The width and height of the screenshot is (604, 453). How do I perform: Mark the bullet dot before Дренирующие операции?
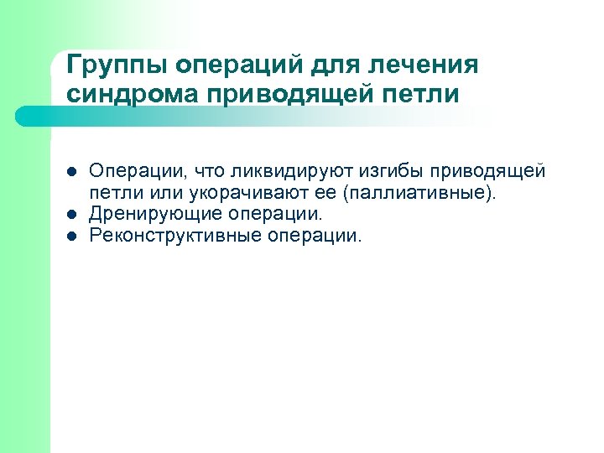pyautogui.click(x=71, y=216)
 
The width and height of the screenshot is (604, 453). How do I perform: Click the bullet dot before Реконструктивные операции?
pyautogui.click(x=71, y=237)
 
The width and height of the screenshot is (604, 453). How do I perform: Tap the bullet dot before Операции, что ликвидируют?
pyautogui.click(x=71, y=173)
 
